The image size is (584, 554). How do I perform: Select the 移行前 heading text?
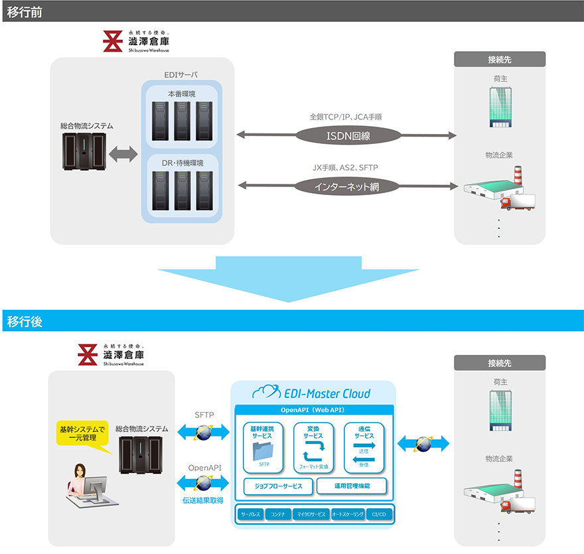[x=21, y=11]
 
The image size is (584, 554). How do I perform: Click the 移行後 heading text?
[x=21, y=321]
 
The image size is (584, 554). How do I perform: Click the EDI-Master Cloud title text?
[x=321, y=393]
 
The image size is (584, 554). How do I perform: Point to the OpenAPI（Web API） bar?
[x=313, y=409]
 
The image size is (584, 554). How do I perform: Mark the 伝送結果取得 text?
[x=204, y=500]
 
